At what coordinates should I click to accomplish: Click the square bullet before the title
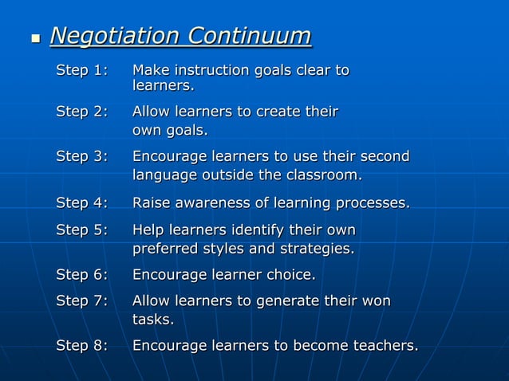coord(34,38)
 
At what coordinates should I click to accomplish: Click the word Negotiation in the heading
coord(114,36)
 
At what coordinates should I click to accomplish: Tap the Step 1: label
coord(81,70)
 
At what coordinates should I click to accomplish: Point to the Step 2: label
coord(81,111)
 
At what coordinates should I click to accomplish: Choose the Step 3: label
coord(81,156)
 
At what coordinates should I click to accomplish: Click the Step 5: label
coord(81,230)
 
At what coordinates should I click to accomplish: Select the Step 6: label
coord(81,275)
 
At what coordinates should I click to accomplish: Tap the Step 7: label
coord(81,301)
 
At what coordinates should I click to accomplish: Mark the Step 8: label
coord(81,346)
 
